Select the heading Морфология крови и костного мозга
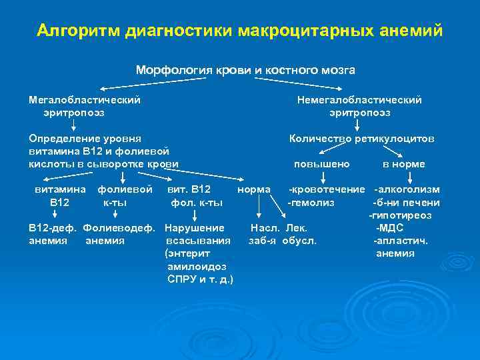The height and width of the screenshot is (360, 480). (245, 70)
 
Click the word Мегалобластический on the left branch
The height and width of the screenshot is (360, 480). (85, 100)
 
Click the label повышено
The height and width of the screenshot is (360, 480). (321, 164)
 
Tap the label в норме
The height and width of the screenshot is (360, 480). (403, 164)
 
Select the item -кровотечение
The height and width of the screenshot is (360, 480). (326, 190)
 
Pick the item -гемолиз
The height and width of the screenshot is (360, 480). (311, 203)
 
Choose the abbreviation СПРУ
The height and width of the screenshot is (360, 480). (181, 279)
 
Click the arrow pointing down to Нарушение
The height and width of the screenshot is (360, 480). (194, 215)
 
